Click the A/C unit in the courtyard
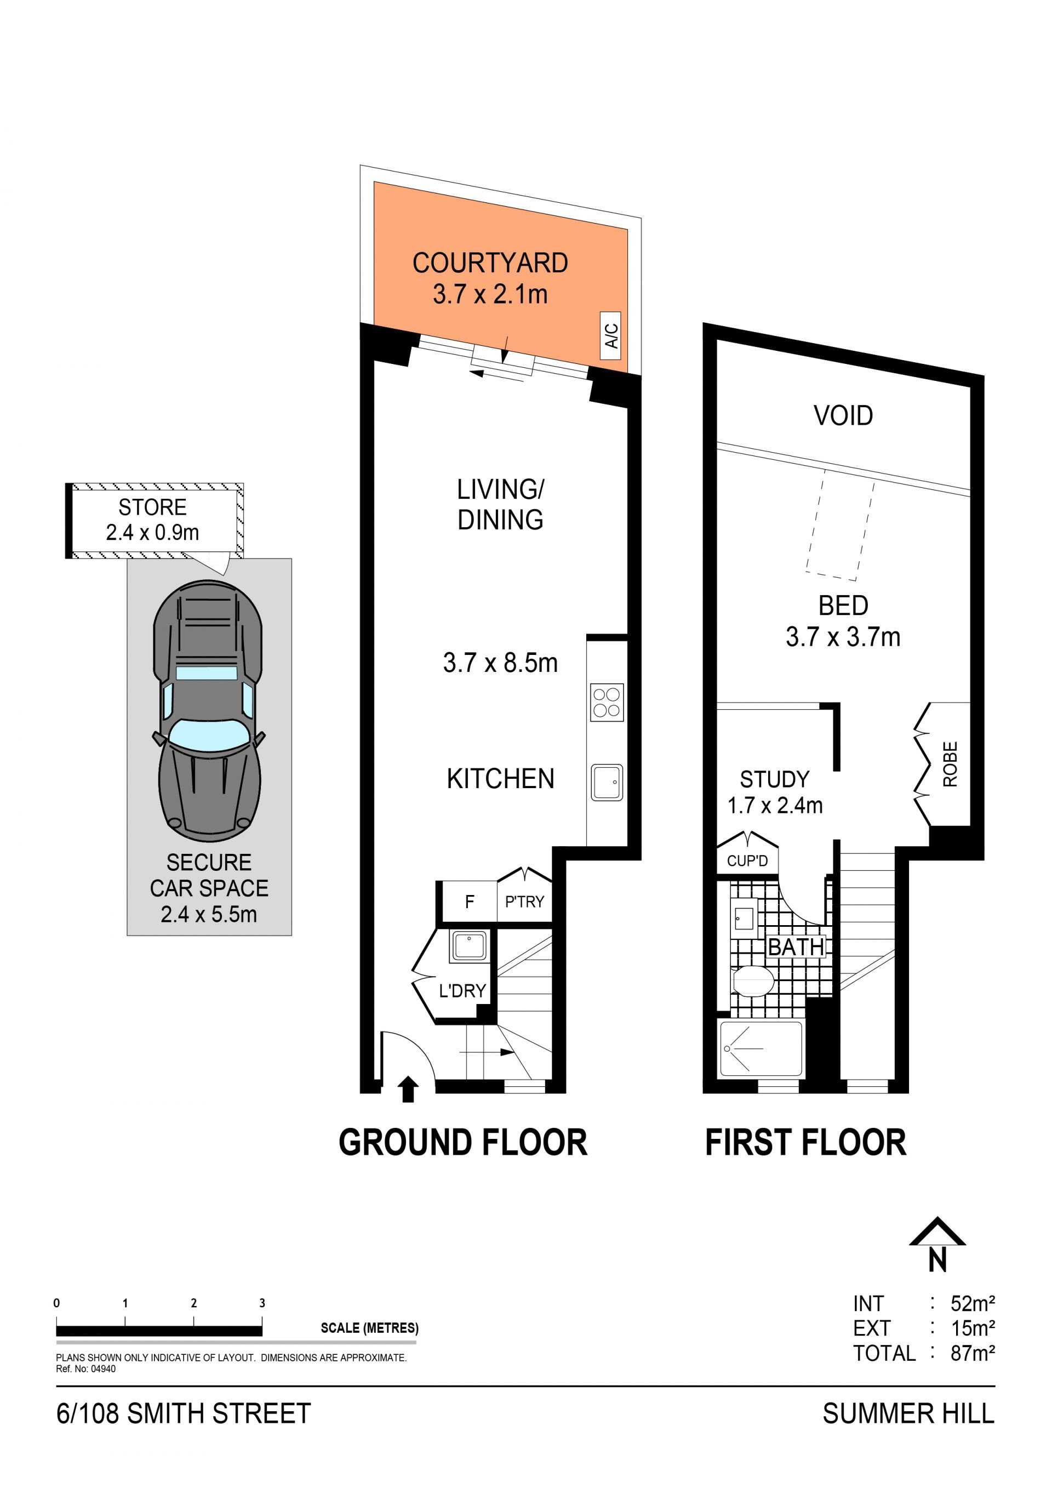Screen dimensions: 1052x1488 click(x=611, y=335)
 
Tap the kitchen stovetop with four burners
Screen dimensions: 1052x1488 click(x=607, y=702)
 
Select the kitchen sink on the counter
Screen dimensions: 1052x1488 click(x=607, y=782)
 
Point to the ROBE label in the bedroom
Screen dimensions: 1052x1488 click(x=950, y=764)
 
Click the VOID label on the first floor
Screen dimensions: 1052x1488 click(x=843, y=415)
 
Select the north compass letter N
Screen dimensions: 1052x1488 click(x=937, y=1261)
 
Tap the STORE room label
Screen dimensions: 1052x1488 click(x=152, y=507)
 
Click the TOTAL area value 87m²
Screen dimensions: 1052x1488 click(x=973, y=1353)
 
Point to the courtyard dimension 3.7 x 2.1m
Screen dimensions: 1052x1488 click(x=490, y=294)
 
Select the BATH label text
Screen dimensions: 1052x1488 click(x=796, y=947)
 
